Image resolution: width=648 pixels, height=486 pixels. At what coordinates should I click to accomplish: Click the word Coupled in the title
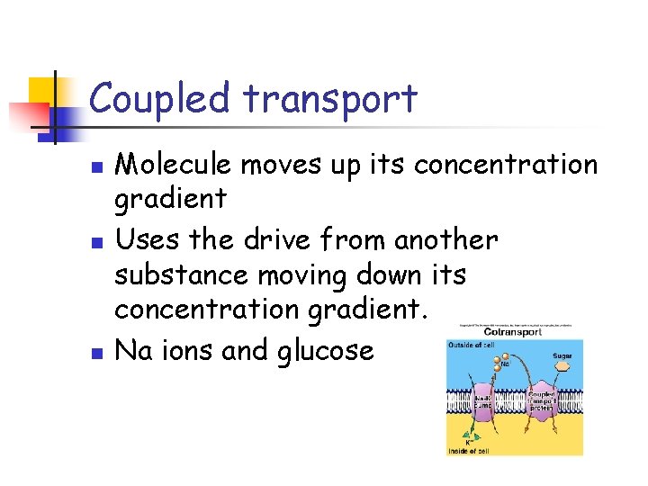[x=158, y=99]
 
